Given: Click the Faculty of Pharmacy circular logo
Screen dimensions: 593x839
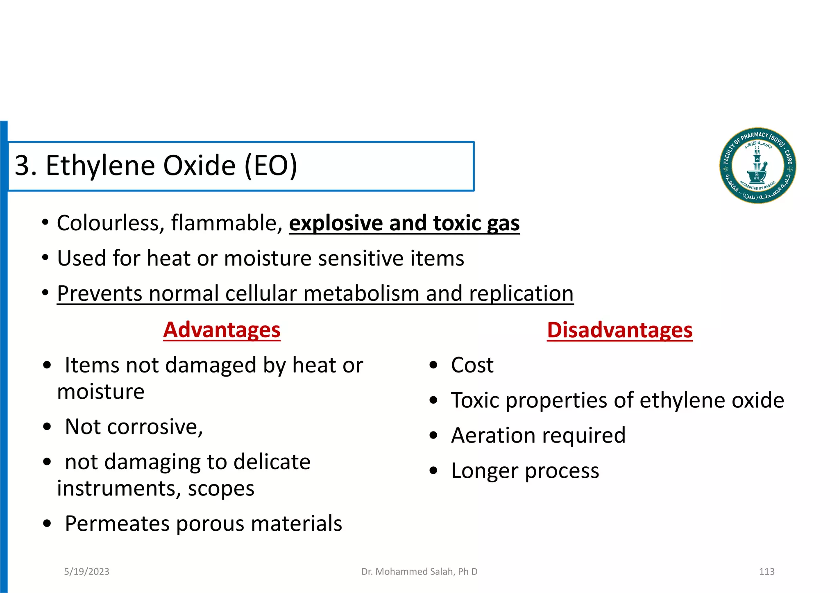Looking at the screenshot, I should tap(757, 166).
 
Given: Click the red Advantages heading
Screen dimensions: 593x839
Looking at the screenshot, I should tap(222, 330).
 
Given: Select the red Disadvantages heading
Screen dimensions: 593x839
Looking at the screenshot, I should tap(619, 330).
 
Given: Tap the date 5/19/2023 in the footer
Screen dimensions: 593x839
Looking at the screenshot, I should tap(86, 571).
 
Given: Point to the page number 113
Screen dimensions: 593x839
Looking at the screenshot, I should tap(766, 571).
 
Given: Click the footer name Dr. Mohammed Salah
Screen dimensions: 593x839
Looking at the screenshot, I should tap(419, 571).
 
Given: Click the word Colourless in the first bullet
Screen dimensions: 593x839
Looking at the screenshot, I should tap(111, 223).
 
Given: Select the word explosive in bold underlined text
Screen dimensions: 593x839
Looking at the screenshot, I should tap(336, 223).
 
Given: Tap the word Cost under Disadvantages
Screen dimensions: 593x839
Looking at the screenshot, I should tap(472, 365).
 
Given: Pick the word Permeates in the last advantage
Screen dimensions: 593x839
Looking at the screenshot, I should tap(117, 524).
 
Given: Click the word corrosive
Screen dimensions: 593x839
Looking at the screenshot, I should tap(155, 427).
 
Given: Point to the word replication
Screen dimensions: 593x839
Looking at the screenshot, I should tap(521, 293).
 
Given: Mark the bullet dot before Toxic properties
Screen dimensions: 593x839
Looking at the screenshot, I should tap(433, 400).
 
